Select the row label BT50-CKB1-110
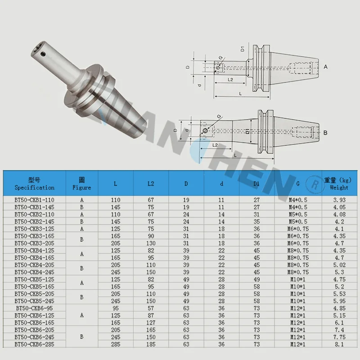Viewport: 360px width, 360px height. click(35, 200)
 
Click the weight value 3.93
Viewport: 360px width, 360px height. click(339, 200)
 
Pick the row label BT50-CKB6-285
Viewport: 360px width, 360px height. click(35, 344)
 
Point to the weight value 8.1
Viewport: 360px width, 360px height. click(339, 344)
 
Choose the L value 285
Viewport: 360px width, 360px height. click(116, 344)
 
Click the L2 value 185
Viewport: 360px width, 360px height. click(151, 344)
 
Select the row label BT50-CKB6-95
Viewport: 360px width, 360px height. click(35, 308)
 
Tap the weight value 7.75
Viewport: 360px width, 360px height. click(339, 337)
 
